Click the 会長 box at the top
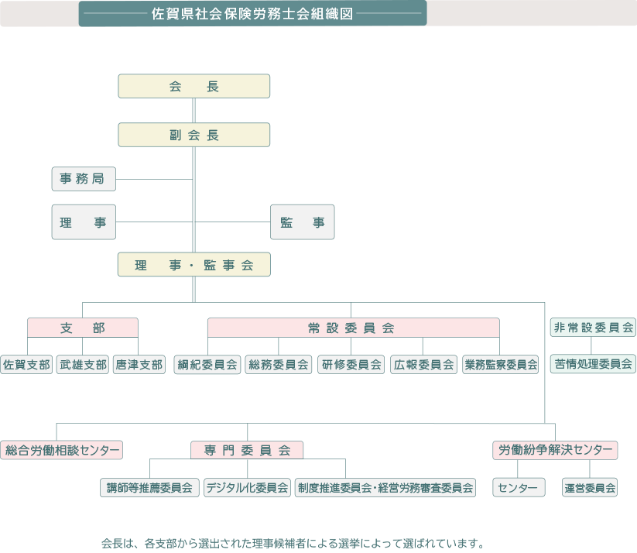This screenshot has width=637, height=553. tap(193, 86)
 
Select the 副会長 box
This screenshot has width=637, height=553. tap(193, 135)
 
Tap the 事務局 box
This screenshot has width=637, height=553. tap(84, 179)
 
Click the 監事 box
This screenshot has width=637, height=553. tap(303, 222)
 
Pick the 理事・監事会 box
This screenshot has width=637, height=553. tap(193, 265)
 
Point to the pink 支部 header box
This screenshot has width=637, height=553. tap(83, 328)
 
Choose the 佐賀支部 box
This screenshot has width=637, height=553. tap(26, 364)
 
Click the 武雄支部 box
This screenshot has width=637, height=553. tap(82, 364)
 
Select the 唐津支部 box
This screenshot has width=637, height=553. tap(139, 364)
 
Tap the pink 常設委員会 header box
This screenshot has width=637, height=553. tap(352, 328)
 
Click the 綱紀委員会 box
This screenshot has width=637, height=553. tap(207, 364)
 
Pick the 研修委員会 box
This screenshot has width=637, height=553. tap(351, 364)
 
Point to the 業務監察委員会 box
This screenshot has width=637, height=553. tap(500, 364)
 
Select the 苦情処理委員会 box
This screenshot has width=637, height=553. tap(593, 362)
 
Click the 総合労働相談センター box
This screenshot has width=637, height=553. tap(62, 449)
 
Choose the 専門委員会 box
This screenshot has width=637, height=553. tap(247, 449)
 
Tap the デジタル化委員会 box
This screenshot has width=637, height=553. tap(247, 487)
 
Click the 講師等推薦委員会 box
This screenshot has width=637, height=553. tap(149, 487)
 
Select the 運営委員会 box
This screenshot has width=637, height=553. tap(590, 487)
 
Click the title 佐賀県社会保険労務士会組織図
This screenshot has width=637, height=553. tap(253, 13)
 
